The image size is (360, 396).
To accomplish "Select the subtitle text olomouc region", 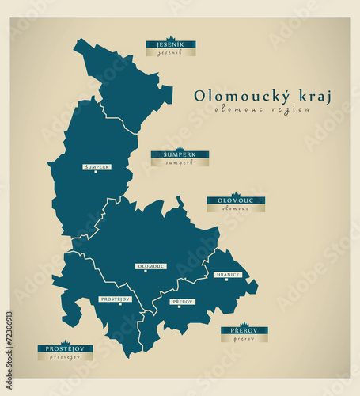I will point(262,110).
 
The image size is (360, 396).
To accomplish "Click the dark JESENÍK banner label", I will point(170,44).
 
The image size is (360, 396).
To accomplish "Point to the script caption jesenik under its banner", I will point(170,52).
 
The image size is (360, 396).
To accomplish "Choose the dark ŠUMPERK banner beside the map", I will point(180,154).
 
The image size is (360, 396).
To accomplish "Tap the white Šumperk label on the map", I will point(97,167).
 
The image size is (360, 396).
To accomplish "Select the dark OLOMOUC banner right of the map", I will point(236,201).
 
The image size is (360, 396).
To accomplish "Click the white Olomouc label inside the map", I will point(151,267).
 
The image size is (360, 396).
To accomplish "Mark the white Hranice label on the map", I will point(228,275).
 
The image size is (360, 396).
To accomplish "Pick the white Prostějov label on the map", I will point(116,299).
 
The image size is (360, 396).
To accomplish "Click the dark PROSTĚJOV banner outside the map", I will point(65,348).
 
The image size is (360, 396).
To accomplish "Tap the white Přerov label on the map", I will point(182,302).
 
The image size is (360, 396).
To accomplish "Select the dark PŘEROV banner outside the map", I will point(244,330).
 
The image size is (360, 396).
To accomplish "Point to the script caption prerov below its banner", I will point(244,338).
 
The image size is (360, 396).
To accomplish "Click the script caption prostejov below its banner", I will point(65,357).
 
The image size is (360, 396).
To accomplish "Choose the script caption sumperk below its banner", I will point(180,162).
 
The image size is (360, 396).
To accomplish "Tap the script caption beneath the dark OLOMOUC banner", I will point(236,209).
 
